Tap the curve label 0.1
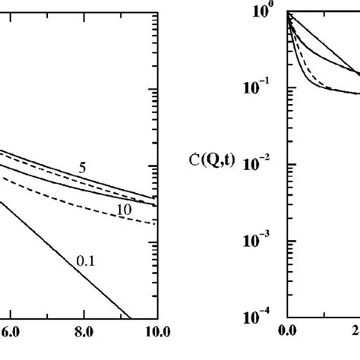coord(87,261)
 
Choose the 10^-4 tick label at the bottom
coord(262,317)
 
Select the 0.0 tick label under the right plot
coord(287,331)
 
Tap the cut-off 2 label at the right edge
coord(355,331)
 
